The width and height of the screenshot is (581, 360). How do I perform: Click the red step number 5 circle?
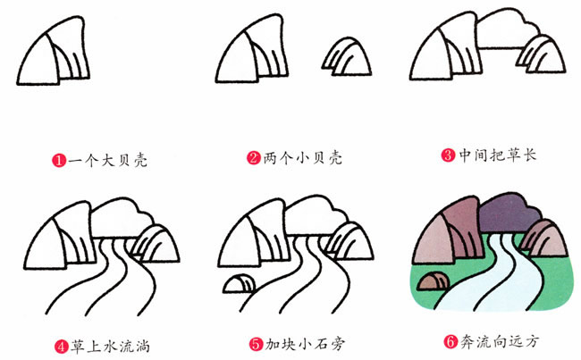click(x=254, y=342)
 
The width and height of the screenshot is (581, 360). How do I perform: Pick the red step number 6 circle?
click(x=450, y=340)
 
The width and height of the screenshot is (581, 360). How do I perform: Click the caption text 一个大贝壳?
click(x=106, y=162)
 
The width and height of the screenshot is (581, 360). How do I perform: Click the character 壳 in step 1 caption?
click(x=139, y=162)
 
